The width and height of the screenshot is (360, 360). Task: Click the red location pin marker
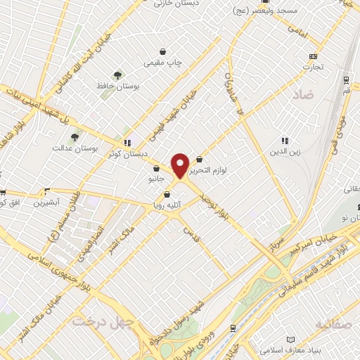(181, 165)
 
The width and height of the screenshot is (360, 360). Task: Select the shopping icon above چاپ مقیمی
(164, 51)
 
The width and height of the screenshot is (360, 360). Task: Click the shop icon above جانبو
(156, 169)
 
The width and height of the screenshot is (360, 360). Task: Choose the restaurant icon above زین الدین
(284, 140)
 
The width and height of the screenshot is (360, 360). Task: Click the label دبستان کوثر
(127, 152)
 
